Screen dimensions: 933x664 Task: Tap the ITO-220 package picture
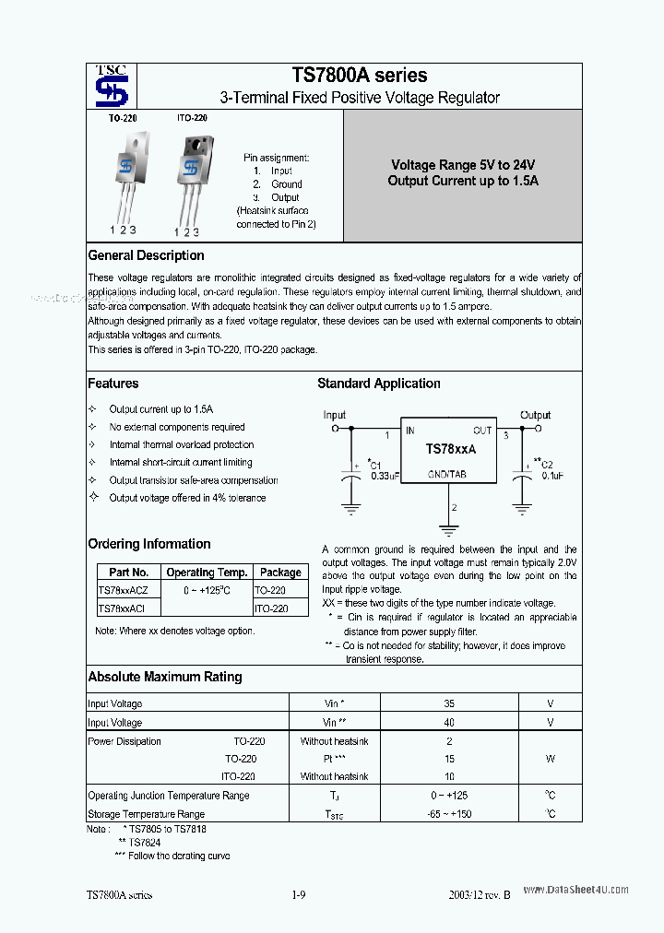(192, 175)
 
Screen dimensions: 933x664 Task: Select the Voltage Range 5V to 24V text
(463, 164)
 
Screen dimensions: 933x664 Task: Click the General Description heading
(146, 255)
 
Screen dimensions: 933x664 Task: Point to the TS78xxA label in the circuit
(450, 448)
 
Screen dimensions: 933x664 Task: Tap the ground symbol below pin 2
(450, 529)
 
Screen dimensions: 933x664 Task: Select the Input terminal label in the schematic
(335, 415)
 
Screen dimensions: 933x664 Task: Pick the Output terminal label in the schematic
(535, 415)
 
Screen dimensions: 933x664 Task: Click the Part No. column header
(129, 573)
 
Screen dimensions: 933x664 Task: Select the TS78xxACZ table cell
(128, 590)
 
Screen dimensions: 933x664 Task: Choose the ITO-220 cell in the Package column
(271, 608)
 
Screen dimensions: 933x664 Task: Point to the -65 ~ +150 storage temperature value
(449, 814)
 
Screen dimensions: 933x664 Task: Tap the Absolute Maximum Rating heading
(165, 677)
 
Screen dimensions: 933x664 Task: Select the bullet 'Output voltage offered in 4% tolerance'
(187, 498)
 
